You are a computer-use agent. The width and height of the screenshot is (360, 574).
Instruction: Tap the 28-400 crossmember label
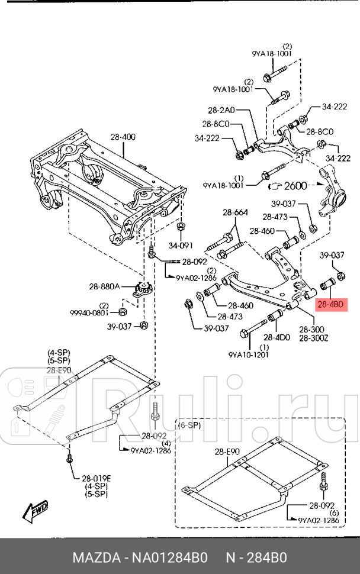(123, 137)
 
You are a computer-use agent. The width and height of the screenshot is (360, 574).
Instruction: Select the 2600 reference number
(295, 186)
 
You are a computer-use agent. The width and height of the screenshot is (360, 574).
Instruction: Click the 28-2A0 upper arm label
(221, 110)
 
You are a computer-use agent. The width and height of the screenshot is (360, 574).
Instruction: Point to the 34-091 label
(181, 245)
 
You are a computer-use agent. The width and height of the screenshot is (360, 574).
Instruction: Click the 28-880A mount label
(105, 286)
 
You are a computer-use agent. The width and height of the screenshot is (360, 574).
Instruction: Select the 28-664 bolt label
(235, 213)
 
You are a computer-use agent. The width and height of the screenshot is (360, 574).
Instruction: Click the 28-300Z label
(310, 338)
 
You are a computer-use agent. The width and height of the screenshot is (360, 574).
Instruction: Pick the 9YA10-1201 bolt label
(248, 355)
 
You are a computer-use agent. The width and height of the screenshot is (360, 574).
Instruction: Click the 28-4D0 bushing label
(278, 337)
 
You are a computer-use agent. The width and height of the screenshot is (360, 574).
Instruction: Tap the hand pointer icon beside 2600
(275, 186)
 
